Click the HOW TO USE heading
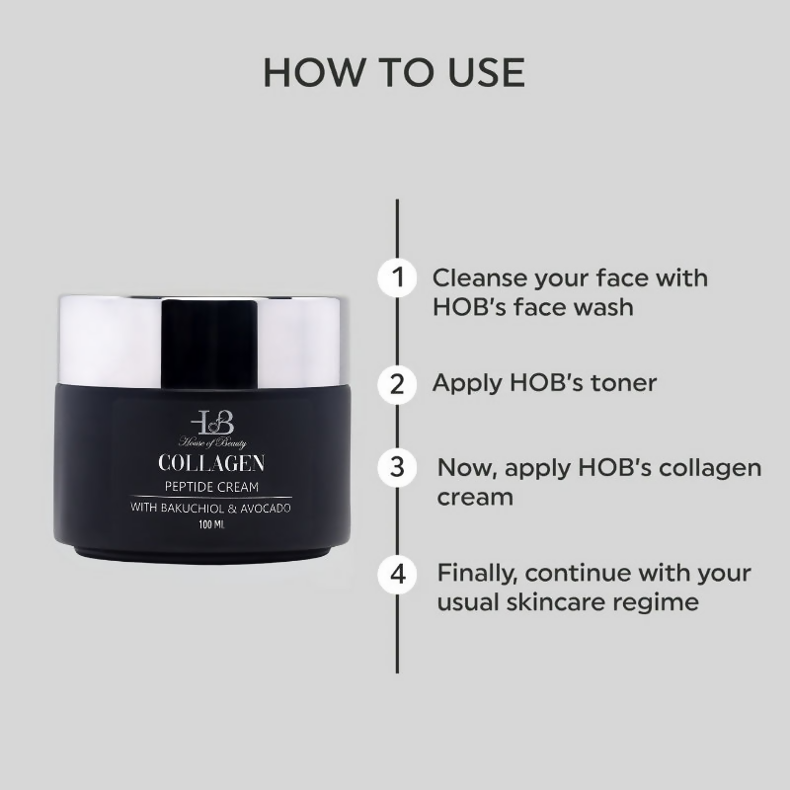click(394, 72)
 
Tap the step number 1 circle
click(397, 277)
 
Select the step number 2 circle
click(397, 383)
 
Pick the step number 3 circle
click(397, 467)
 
